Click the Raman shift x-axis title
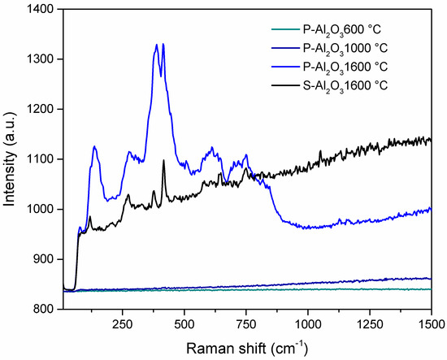coord(246,348)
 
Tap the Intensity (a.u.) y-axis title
coord(11,159)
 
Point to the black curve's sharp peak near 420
coord(163,161)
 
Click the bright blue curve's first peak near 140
coord(95,146)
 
